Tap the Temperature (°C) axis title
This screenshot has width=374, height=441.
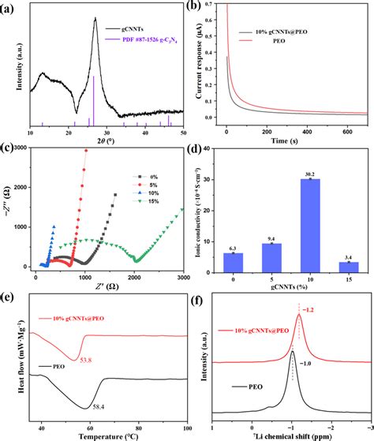pos(107,434)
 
